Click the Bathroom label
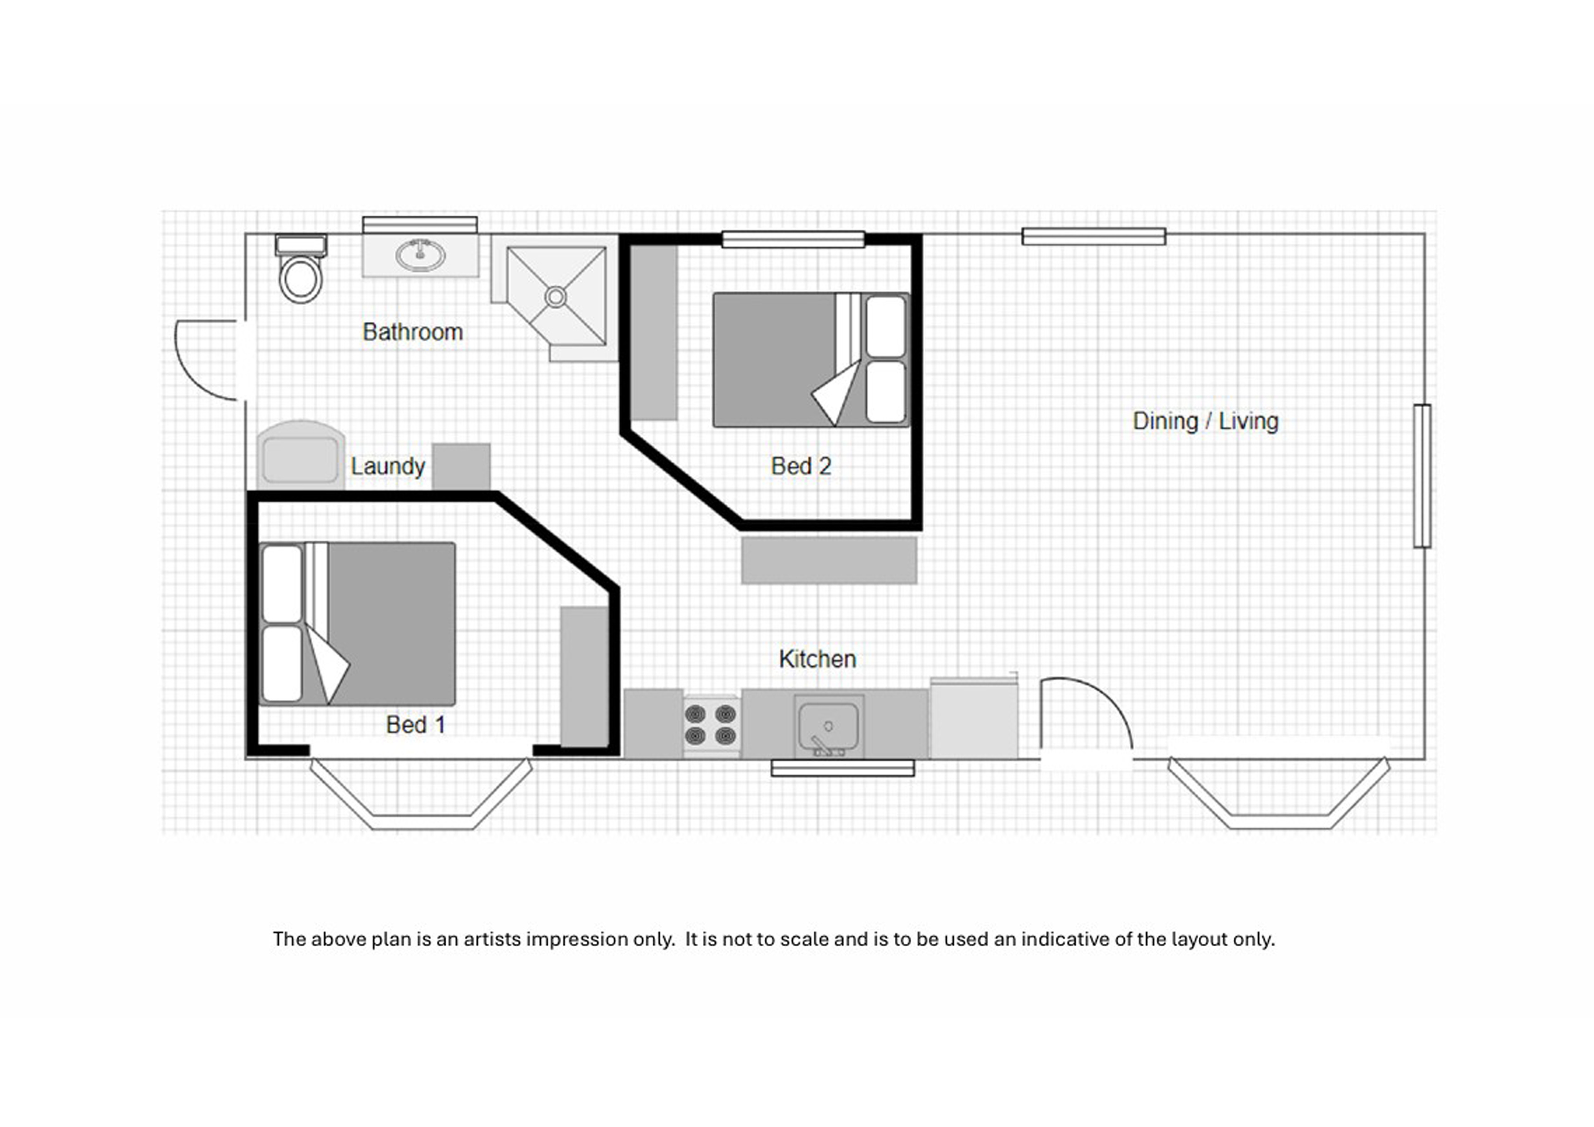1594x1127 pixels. pyautogui.click(x=413, y=332)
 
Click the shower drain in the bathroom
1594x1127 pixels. pyautogui.click(x=555, y=297)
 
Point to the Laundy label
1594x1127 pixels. pyautogui.click(x=388, y=466)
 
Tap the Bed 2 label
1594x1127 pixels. pyautogui.click(x=801, y=466)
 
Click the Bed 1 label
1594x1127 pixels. pyautogui.click(x=416, y=725)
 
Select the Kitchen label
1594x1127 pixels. pyautogui.click(x=817, y=659)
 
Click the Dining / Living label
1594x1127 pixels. pyautogui.click(x=1205, y=421)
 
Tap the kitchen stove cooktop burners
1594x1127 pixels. pyautogui.click(x=712, y=725)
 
